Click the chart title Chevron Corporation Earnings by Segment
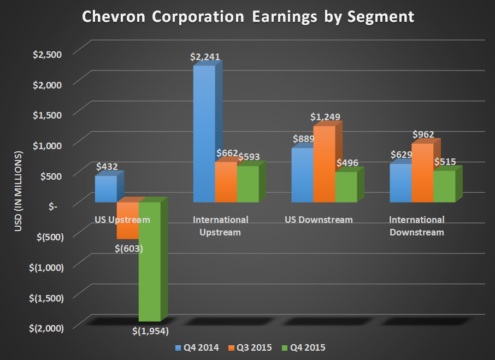click(247, 16)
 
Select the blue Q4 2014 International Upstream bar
click(204, 134)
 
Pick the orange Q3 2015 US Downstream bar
click(324, 164)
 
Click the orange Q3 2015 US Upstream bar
click(127, 220)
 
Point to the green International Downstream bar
click(444, 186)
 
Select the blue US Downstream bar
click(302, 175)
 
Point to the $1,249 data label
click(325, 117)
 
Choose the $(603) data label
click(129, 249)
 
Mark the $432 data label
click(107, 167)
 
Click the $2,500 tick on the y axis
click(48, 54)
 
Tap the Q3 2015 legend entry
click(252, 347)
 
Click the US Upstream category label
click(121, 220)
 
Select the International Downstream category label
click(416, 226)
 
